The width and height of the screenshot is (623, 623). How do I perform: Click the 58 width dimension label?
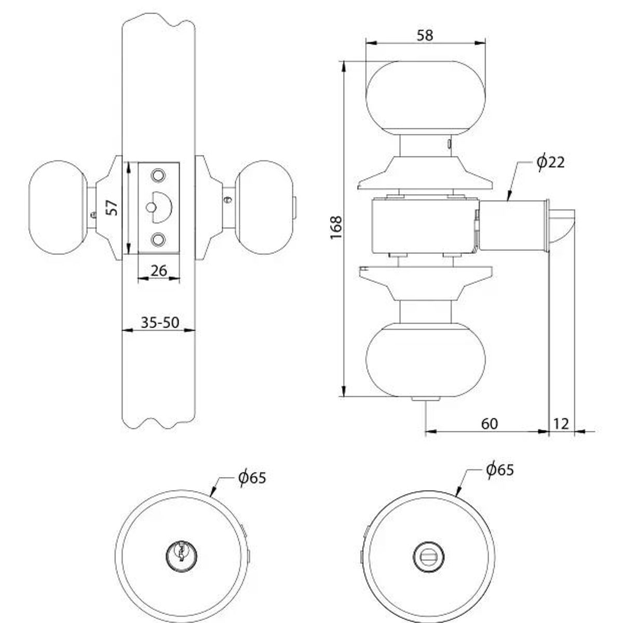425,35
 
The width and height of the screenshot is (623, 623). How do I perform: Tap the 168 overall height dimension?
336,227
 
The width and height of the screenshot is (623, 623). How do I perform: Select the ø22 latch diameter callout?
550,162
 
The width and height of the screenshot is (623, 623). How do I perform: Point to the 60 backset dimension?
490,423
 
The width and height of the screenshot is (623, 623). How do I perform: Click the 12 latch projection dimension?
561,423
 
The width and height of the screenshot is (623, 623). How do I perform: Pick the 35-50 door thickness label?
160,322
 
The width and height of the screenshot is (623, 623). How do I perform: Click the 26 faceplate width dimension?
159,270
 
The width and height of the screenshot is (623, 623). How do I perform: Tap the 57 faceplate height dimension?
112,208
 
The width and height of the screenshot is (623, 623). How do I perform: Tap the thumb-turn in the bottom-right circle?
429,556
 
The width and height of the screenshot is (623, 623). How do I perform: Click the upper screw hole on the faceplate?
158,176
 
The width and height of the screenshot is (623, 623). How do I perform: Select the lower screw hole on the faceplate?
158,239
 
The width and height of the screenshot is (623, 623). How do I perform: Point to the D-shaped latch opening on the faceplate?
160,207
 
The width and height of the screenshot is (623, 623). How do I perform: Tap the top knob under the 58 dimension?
426,98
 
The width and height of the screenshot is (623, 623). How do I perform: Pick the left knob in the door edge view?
58,208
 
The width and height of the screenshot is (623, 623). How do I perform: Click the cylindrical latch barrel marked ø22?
512,226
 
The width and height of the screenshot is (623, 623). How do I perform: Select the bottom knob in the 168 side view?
426,359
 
